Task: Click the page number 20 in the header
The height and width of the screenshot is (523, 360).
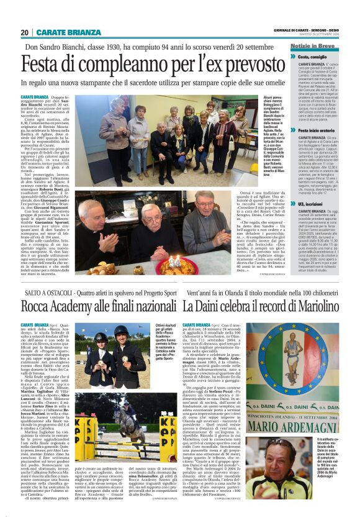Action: pos(25,32)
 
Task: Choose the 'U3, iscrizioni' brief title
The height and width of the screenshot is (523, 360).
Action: pos(313,204)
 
